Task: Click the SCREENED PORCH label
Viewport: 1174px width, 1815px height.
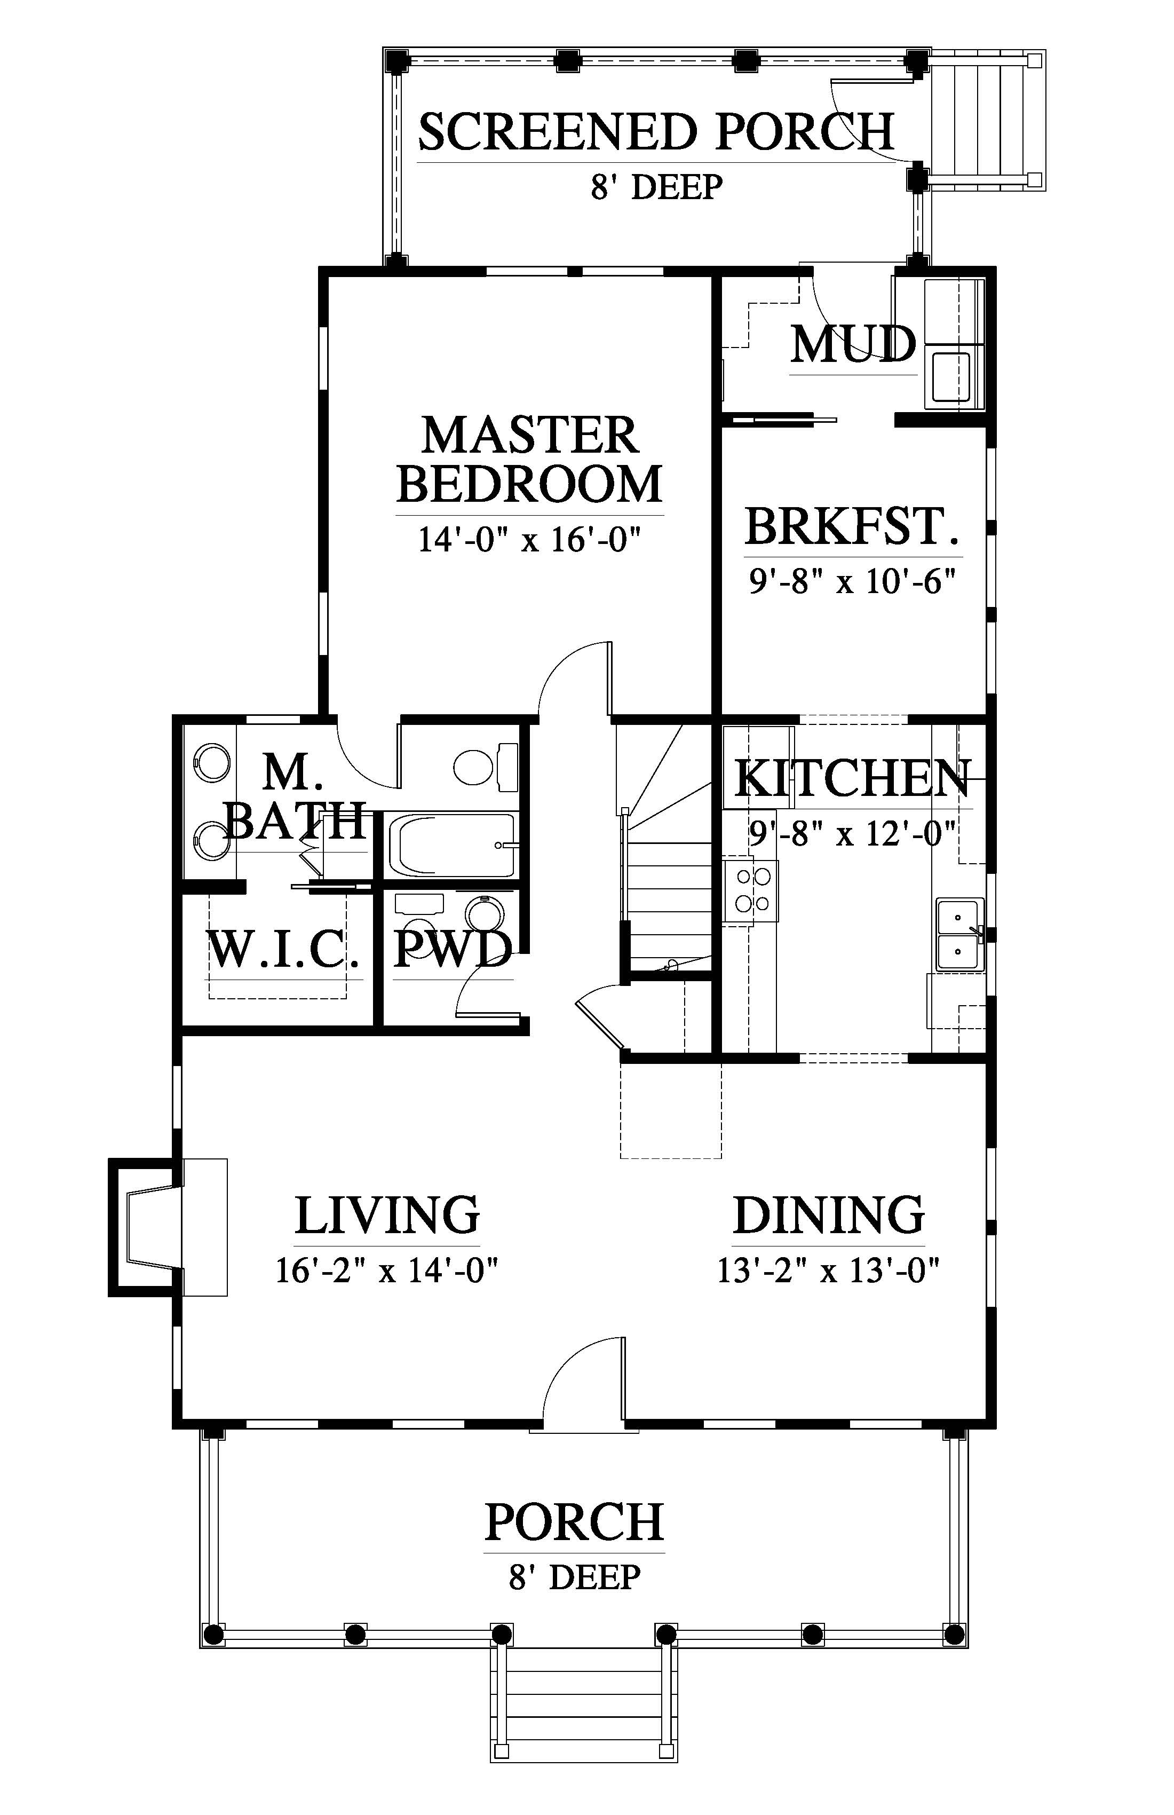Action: (656, 131)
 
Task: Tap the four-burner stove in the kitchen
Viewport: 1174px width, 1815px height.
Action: (751, 891)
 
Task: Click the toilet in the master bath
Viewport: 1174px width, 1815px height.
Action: (486, 766)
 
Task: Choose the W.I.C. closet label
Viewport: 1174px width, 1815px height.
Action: (283, 950)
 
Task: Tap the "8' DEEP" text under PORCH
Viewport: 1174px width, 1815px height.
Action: (575, 1576)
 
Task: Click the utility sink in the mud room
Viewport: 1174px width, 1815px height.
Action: (950, 376)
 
